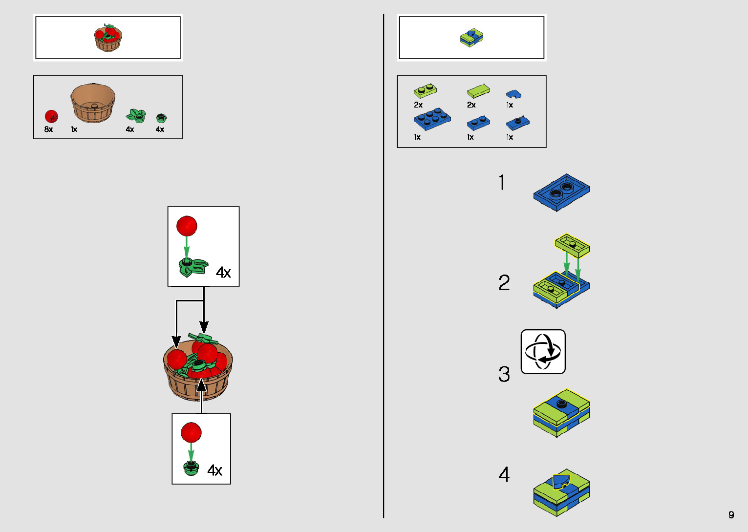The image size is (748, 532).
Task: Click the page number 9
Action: [731, 514]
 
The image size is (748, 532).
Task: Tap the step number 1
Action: [502, 183]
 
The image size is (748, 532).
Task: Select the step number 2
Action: [504, 283]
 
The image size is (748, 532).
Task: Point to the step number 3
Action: [504, 375]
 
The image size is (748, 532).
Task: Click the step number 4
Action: [504, 474]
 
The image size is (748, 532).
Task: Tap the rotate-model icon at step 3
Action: [543, 352]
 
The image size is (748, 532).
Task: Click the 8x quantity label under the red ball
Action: [48, 129]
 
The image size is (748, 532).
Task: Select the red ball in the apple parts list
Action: [51, 116]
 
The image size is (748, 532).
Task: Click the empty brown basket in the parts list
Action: [93, 103]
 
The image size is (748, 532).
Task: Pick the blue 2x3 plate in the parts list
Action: [432, 119]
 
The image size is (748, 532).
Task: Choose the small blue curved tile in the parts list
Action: [513, 93]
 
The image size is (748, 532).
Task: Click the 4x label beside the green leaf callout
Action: [223, 273]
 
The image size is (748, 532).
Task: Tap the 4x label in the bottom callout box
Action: [214, 470]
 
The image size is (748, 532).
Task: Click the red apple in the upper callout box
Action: [187, 226]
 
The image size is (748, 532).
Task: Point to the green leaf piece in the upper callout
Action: [192, 267]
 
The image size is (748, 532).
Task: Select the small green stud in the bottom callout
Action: [191, 468]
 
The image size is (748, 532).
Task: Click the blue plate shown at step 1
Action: [561, 192]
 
